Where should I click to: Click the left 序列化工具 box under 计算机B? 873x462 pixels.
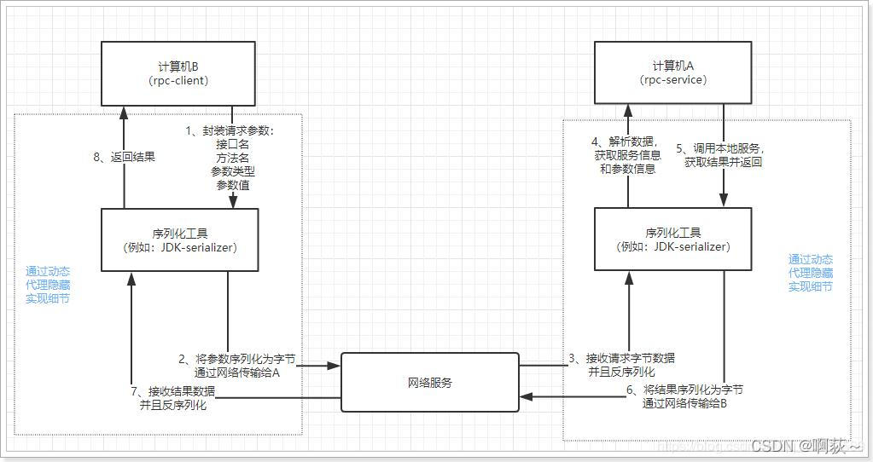(x=179, y=240)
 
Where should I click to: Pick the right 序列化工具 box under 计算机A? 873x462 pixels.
(x=674, y=240)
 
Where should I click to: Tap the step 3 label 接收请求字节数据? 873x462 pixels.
(x=621, y=358)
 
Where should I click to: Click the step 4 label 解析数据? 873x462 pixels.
(x=626, y=142)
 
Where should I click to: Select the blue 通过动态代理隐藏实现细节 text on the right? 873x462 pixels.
(x=810, y=273)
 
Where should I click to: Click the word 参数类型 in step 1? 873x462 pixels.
(x=233, y=171)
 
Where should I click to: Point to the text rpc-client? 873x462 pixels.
(x=178, y=80)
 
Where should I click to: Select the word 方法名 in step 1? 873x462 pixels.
(x=233, y=158)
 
